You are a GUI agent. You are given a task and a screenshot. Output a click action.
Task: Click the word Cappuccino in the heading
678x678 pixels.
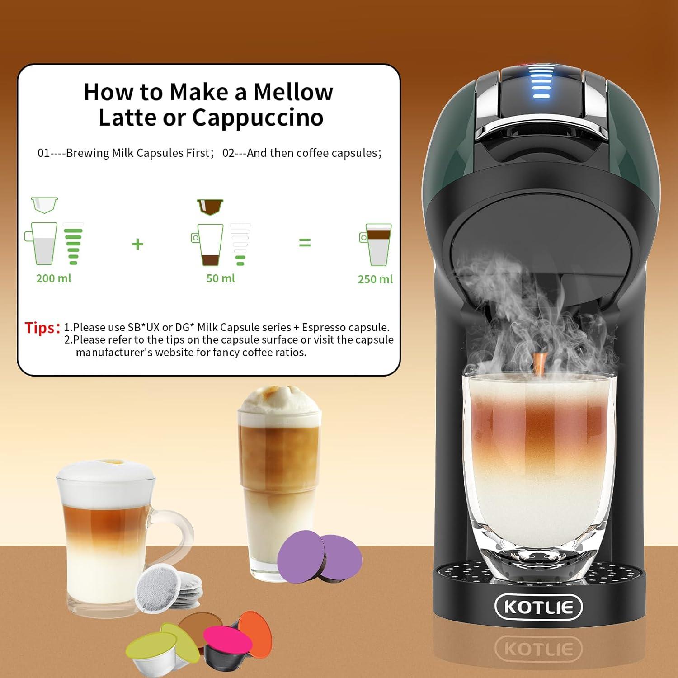point(258,118)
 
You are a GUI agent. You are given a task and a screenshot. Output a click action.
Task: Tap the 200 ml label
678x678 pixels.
point(53,278)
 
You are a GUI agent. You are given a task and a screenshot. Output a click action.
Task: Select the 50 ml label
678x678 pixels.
point(221,278)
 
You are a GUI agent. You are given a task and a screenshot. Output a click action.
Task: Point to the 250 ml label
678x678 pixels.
point(375,279)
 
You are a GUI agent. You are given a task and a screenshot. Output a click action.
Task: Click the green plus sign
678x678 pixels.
point(137,244)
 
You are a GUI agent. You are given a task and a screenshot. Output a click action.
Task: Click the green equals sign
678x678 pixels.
point(305,243)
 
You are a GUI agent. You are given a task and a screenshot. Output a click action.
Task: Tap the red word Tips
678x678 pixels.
point(42,328)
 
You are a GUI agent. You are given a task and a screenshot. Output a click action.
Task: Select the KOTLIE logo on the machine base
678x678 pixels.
point(538,607)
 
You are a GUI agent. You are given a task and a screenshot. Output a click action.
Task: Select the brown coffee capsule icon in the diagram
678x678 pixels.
point(210,207)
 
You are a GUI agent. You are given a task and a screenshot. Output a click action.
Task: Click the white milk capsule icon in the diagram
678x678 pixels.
point(44,205)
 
